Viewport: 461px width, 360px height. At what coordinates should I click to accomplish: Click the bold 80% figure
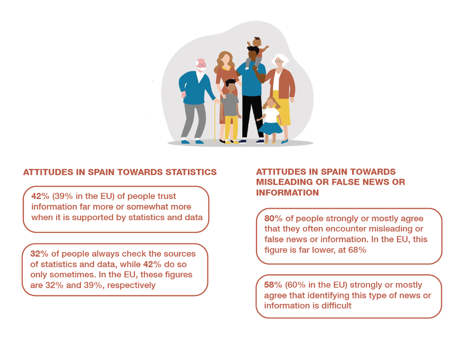tap(273, 218)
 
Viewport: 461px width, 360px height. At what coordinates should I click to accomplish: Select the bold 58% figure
tap(273, 285)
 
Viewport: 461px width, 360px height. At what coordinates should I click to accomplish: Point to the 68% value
tap(357, 250)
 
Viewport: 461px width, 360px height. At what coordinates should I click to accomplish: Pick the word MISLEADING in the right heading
tap(285, 182)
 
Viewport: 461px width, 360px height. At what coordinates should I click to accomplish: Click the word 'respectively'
tap(132, 285)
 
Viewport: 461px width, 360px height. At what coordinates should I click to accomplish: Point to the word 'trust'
tap(166, 196)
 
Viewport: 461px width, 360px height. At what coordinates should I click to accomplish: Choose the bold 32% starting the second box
tap(39, 254)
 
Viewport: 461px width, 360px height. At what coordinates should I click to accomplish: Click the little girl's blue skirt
tap(270, 128)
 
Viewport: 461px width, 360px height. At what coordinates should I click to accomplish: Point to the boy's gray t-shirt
tap(230, 105)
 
